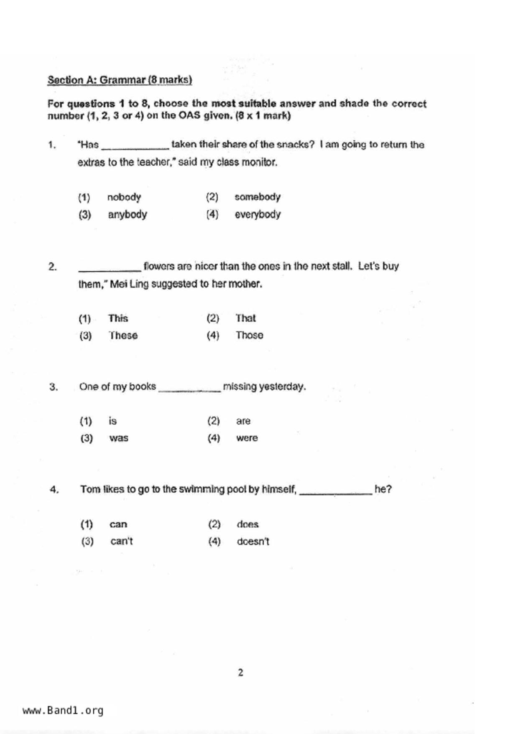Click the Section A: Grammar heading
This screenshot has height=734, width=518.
(120, 80)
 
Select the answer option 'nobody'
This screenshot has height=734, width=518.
(124, 197)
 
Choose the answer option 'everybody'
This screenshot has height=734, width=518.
(258, 214)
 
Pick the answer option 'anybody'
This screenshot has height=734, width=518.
(128, 215)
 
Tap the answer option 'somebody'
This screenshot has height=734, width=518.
(257, 197)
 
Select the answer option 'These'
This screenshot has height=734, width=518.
(123, 336)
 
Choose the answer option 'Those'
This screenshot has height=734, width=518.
(250, 335)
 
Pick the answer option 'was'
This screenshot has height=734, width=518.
(119, 438)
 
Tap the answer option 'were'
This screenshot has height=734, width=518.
(247, 438)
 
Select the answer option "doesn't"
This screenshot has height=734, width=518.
(253, 542)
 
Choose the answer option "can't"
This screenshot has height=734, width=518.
(121, 542)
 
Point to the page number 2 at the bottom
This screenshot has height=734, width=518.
(240, 672)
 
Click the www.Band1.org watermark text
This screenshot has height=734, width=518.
(63, 710)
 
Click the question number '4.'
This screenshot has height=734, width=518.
(54, 490)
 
